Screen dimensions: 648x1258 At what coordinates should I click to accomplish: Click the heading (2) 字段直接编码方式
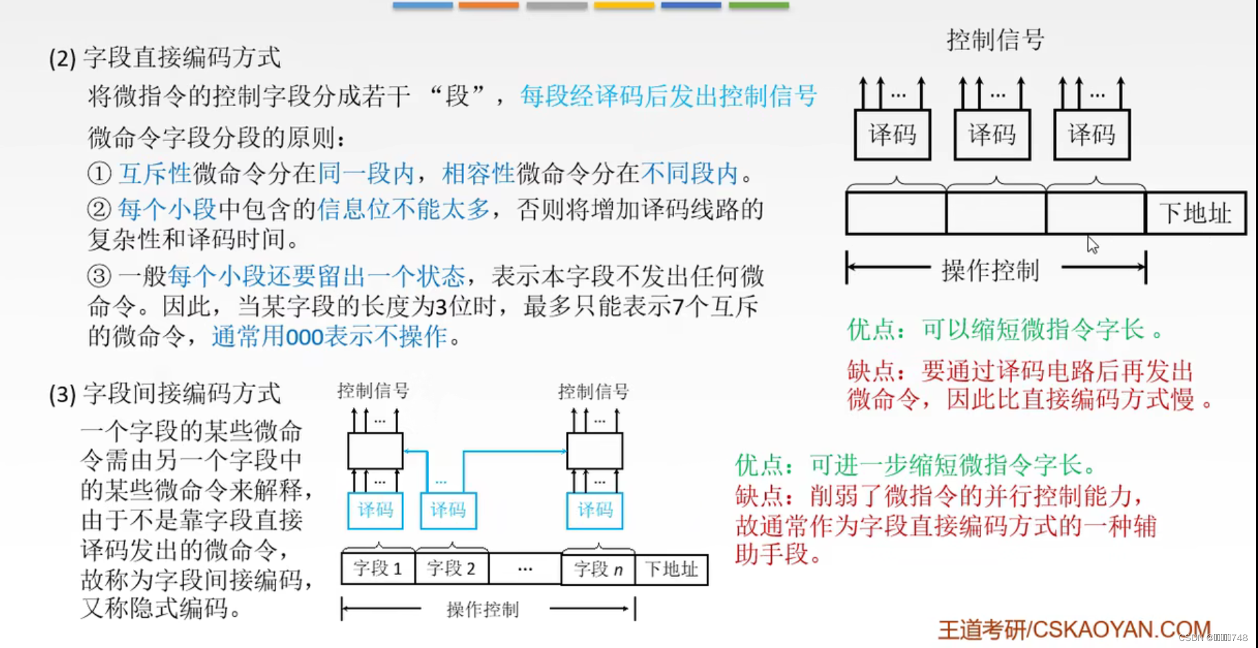click(165, 58)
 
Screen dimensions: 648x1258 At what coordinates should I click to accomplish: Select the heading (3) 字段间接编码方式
click(165, 394)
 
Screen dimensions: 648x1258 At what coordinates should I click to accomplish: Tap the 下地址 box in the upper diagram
click(1195, 213)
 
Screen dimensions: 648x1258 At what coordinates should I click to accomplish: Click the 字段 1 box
click(377, 569)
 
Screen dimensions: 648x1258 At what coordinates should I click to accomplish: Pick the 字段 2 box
click(451, 569)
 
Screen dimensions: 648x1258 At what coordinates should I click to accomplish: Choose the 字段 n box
click(598, 569)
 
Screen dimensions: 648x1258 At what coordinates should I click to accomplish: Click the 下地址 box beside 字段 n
click(671, 569)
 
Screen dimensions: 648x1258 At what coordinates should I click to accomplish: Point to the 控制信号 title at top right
click(995, 40)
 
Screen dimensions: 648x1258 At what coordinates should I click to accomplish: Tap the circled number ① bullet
click(99, 174)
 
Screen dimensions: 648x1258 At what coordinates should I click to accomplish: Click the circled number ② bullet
click(99, 209)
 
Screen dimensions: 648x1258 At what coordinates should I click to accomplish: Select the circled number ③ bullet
click(99, 276)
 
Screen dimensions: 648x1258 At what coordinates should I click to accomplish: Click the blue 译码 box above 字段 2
click(448, 510)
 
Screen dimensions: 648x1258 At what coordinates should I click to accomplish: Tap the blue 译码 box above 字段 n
click(595, 510)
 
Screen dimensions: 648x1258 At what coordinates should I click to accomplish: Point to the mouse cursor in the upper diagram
click(1092, 244)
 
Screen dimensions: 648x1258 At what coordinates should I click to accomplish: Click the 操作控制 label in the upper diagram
click(990, 271)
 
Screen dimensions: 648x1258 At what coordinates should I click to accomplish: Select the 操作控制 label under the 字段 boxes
click(483, 609)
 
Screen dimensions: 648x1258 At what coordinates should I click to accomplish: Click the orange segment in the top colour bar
click(488, 6)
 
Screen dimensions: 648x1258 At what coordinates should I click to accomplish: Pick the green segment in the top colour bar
click(758, 6)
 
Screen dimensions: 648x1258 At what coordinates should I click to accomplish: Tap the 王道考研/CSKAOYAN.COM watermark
click(1073, 629)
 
